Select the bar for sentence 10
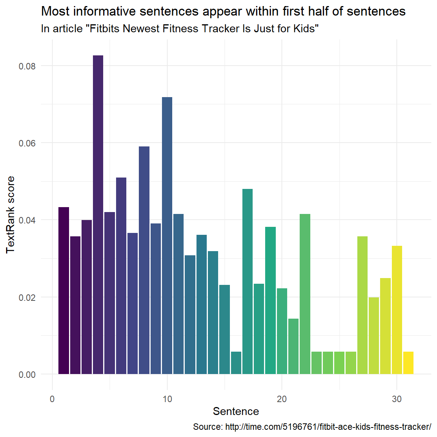point(167,235)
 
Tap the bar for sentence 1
point(64,290)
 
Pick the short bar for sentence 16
point(236,363)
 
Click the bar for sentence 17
point(247,281)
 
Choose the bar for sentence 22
point(305,294)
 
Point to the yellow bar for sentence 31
point(408,363)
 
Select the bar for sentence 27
point(362,305)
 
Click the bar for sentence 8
point(144,260)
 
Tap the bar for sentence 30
point(397,310)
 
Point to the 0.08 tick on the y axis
point(27,66)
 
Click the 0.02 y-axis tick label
point(27,297)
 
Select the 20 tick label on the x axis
point(282,399)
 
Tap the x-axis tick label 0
point(52,399)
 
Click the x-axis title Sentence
point(236,412)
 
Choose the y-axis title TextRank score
point(11,214)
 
